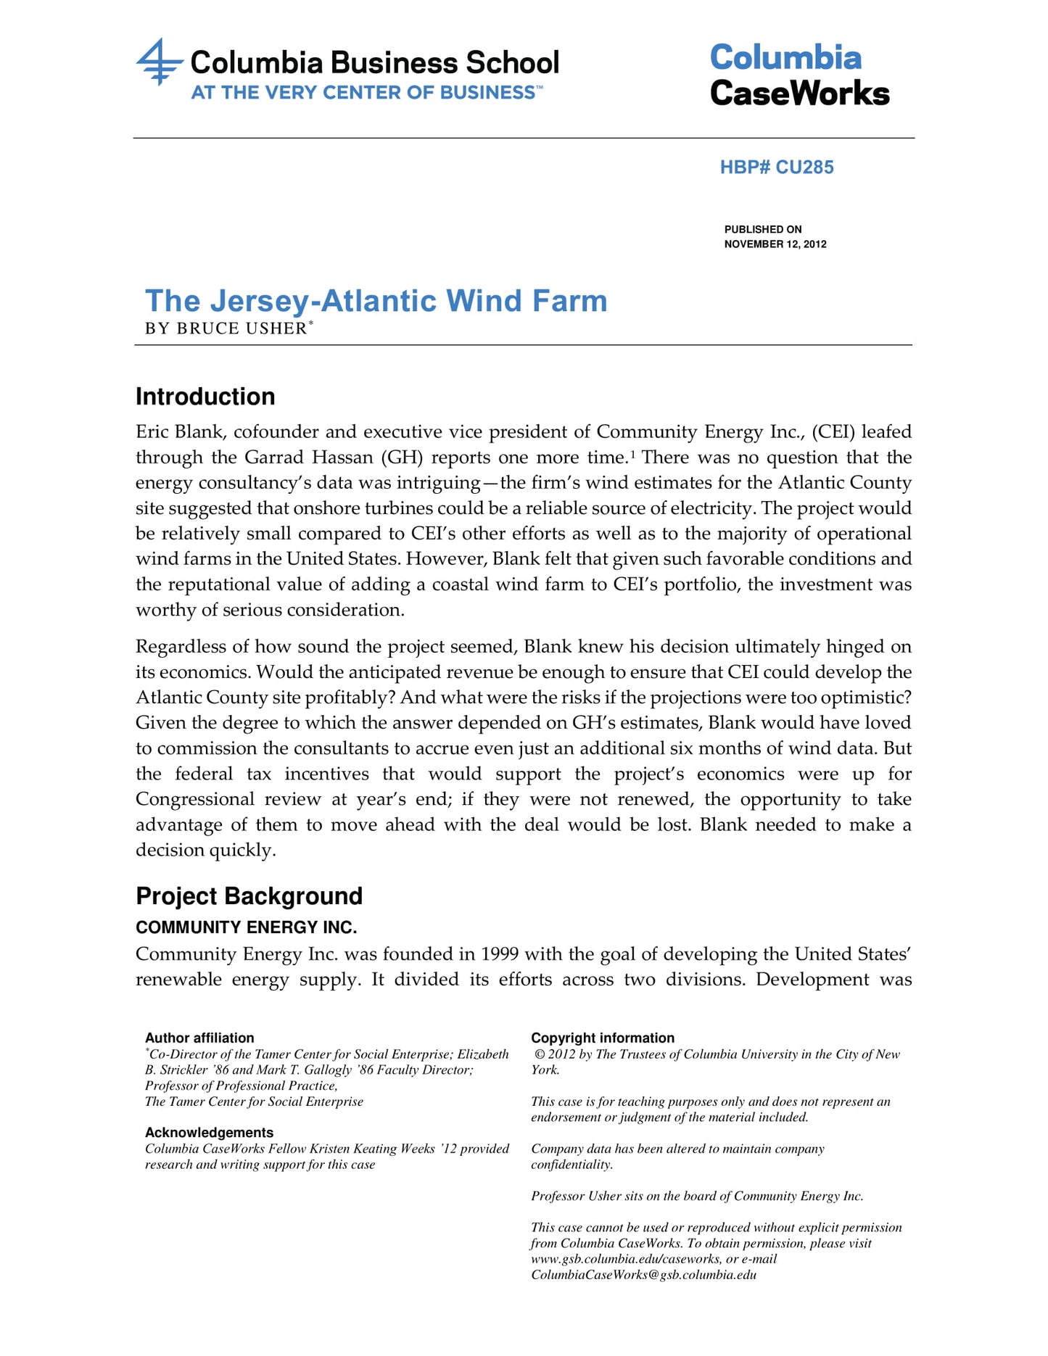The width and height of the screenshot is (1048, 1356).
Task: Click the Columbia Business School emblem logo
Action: click(x=159, y=62)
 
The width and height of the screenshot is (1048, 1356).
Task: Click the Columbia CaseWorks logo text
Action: click(x=799, y=75)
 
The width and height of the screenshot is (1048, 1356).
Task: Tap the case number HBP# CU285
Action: click(x=777, y=168)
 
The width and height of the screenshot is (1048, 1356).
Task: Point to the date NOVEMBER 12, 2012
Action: click(x=775, y=244)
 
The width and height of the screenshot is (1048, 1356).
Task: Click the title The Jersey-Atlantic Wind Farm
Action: click(x=376, y=301)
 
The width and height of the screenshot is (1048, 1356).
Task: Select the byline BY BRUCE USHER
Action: click(x=226, y=328)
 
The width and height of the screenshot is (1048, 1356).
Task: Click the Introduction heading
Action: click(x=205, y=397)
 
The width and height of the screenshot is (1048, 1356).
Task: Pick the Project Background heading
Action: click(x=249, y=896)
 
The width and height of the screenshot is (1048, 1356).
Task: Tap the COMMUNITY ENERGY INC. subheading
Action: click(x=246, y=927)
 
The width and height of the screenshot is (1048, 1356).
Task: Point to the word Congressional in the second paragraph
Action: click(x=195, y=799)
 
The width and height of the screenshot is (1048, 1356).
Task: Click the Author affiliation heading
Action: click(x=199, y=1038)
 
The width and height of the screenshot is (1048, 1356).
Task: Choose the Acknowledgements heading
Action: click(x=209, y=1133)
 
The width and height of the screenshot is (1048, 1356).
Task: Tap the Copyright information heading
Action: click(x=603, y=1038)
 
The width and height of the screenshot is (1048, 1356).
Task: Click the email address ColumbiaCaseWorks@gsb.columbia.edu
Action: click(x=643, y=1275)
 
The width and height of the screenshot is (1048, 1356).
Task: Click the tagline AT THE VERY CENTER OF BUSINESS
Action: click(x=363, y=93)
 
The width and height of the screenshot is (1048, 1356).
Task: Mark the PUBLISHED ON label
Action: click(x=763, y=229)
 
